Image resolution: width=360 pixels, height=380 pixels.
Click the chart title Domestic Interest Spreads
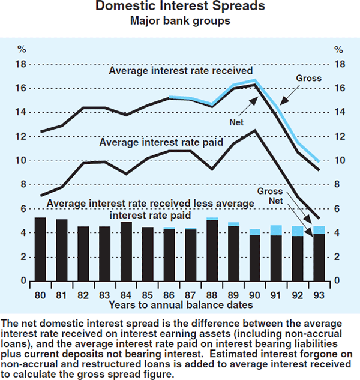pos(179,9)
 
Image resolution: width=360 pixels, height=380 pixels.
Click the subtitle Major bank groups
pos(179,23)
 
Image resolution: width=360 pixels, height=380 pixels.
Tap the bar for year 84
pos(126,252)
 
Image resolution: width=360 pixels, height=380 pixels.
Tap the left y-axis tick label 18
pos(21,64)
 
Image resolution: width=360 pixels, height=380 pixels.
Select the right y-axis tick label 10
pos(339,161)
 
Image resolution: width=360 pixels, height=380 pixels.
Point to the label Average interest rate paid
pos(161,143)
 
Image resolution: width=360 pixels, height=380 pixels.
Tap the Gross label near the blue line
pos(309,78)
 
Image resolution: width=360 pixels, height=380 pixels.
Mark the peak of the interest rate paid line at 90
pos(255,130)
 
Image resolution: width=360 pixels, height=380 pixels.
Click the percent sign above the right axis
pos(339,49)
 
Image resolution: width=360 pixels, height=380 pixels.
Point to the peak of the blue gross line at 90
pos(255,80)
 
